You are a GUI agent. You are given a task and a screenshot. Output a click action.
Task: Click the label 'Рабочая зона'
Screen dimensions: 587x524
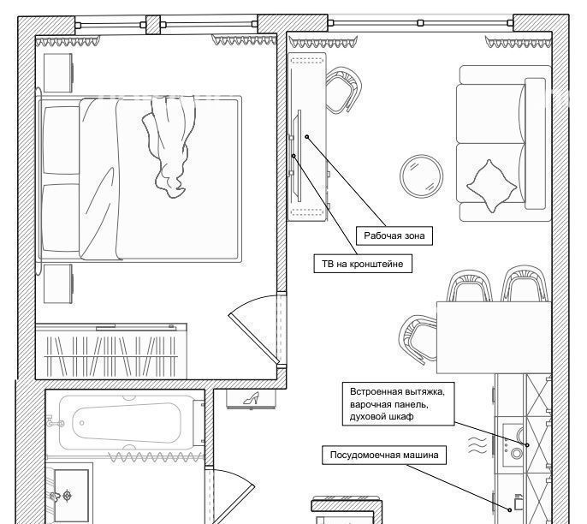394,235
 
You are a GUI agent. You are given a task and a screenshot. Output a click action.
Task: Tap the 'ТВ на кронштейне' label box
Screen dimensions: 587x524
363,264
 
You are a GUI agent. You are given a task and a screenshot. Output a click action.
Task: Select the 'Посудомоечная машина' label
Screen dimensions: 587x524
384,456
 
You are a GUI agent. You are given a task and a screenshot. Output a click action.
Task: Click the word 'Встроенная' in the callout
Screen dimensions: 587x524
377,392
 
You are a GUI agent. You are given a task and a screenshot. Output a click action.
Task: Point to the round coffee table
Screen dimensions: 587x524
422,176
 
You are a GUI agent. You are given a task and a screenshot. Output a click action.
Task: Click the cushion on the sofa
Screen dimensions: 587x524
491,186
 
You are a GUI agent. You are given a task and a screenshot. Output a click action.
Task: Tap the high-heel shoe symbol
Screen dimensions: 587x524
252,398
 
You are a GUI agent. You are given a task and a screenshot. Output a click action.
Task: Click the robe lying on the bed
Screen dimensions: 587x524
169,146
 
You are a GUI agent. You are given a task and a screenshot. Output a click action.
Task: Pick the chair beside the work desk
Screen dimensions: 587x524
343,90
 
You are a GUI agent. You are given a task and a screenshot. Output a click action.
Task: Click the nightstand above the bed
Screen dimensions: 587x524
58,73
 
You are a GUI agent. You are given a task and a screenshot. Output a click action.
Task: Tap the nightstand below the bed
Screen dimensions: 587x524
58,284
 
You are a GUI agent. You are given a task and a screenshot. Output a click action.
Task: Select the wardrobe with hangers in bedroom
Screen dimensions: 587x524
111,351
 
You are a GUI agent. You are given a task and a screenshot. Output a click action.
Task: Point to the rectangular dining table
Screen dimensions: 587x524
494,337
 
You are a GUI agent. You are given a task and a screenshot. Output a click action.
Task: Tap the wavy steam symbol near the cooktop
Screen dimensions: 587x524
477,444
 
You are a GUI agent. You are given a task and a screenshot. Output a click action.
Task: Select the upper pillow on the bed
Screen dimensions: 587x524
61,140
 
